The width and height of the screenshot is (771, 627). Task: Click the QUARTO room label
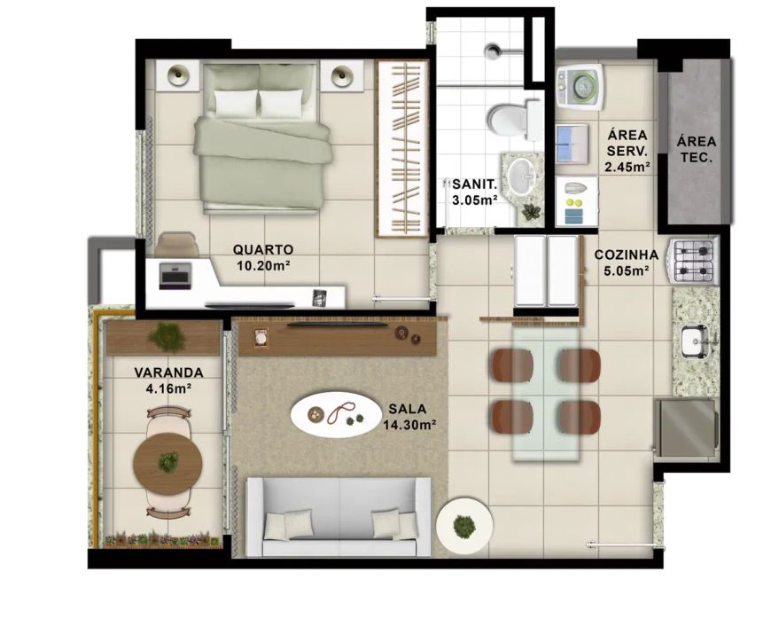tap(262, 249)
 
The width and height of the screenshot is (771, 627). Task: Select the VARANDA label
tap(168, 372)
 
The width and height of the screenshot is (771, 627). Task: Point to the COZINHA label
tap(626, 255)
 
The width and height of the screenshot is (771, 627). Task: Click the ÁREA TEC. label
tap(697, 150)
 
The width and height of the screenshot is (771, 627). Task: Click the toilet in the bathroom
tap(514, 119)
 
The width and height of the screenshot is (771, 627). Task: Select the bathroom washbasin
tap(522, 176)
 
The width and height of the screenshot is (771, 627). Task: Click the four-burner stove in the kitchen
tap(693, 261)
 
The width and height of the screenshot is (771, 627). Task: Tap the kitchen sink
tap(694, 341)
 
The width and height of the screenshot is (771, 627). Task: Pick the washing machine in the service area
tap(580, 88)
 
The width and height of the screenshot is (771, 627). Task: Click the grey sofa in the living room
tap(339, 517)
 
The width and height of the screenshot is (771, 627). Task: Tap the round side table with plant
tap(464, 526)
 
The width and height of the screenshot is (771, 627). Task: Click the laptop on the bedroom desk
tap(175, 276)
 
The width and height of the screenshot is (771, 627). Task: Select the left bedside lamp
tap(178, 75)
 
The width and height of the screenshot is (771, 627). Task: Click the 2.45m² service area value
tap(628, 167)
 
